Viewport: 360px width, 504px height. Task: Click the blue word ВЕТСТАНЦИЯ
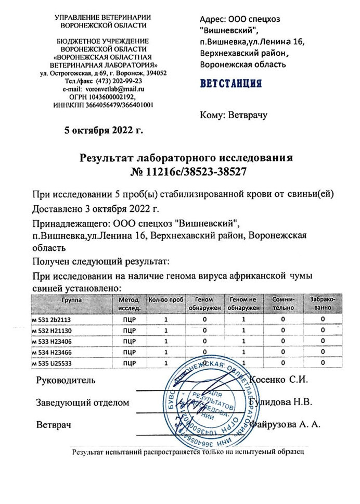click(x=230, y=84)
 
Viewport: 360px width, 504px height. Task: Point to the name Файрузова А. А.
click(x=285, y=424)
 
